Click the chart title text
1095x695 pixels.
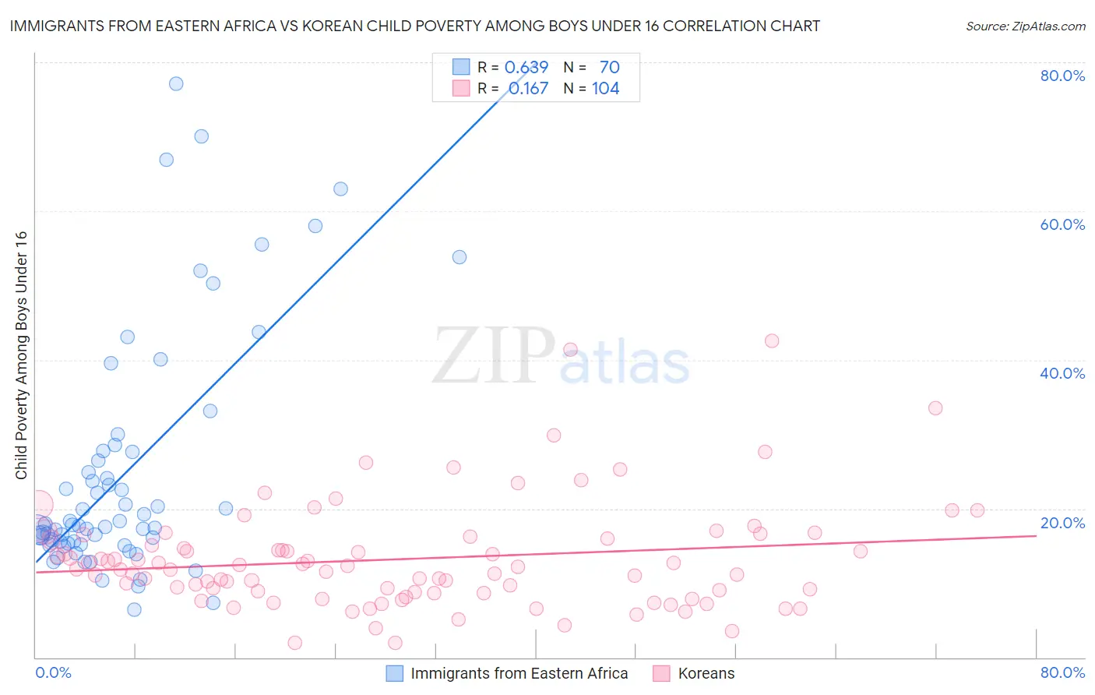click(x=414, y=26)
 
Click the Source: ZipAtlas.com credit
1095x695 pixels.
click(x=1025, y=26)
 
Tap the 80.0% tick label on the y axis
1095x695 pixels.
click(x=1062, y=76)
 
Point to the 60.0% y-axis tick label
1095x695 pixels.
click(x=1062, y=224)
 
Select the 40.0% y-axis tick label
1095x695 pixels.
click(x=1062, y=373)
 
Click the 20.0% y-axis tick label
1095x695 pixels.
click(x=1062, y=523)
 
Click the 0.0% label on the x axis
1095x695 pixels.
click(x=53, y=672)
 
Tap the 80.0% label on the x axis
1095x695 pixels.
click(x=1062, y=672)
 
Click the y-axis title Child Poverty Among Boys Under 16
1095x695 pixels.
click(x=21, y=355)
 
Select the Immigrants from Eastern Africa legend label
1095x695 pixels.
click(x=519, y=673)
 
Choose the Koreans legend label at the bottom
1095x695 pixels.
click(x=706, y=673)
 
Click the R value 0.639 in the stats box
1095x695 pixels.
click(x=526, y=67)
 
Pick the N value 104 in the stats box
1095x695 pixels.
click(x=605, y=89)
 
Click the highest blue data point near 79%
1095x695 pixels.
click(x=176, y=83)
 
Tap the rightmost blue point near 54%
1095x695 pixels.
click(x=459, y=257)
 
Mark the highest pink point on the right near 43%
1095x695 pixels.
click(x=772, y=340)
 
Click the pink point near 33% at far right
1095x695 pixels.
click(x=935, y=408)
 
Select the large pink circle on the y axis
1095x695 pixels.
click(x=38, y=505)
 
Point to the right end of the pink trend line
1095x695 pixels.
click(x=1036, y=535)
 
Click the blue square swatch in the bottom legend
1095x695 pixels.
click(x=395, y=673)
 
